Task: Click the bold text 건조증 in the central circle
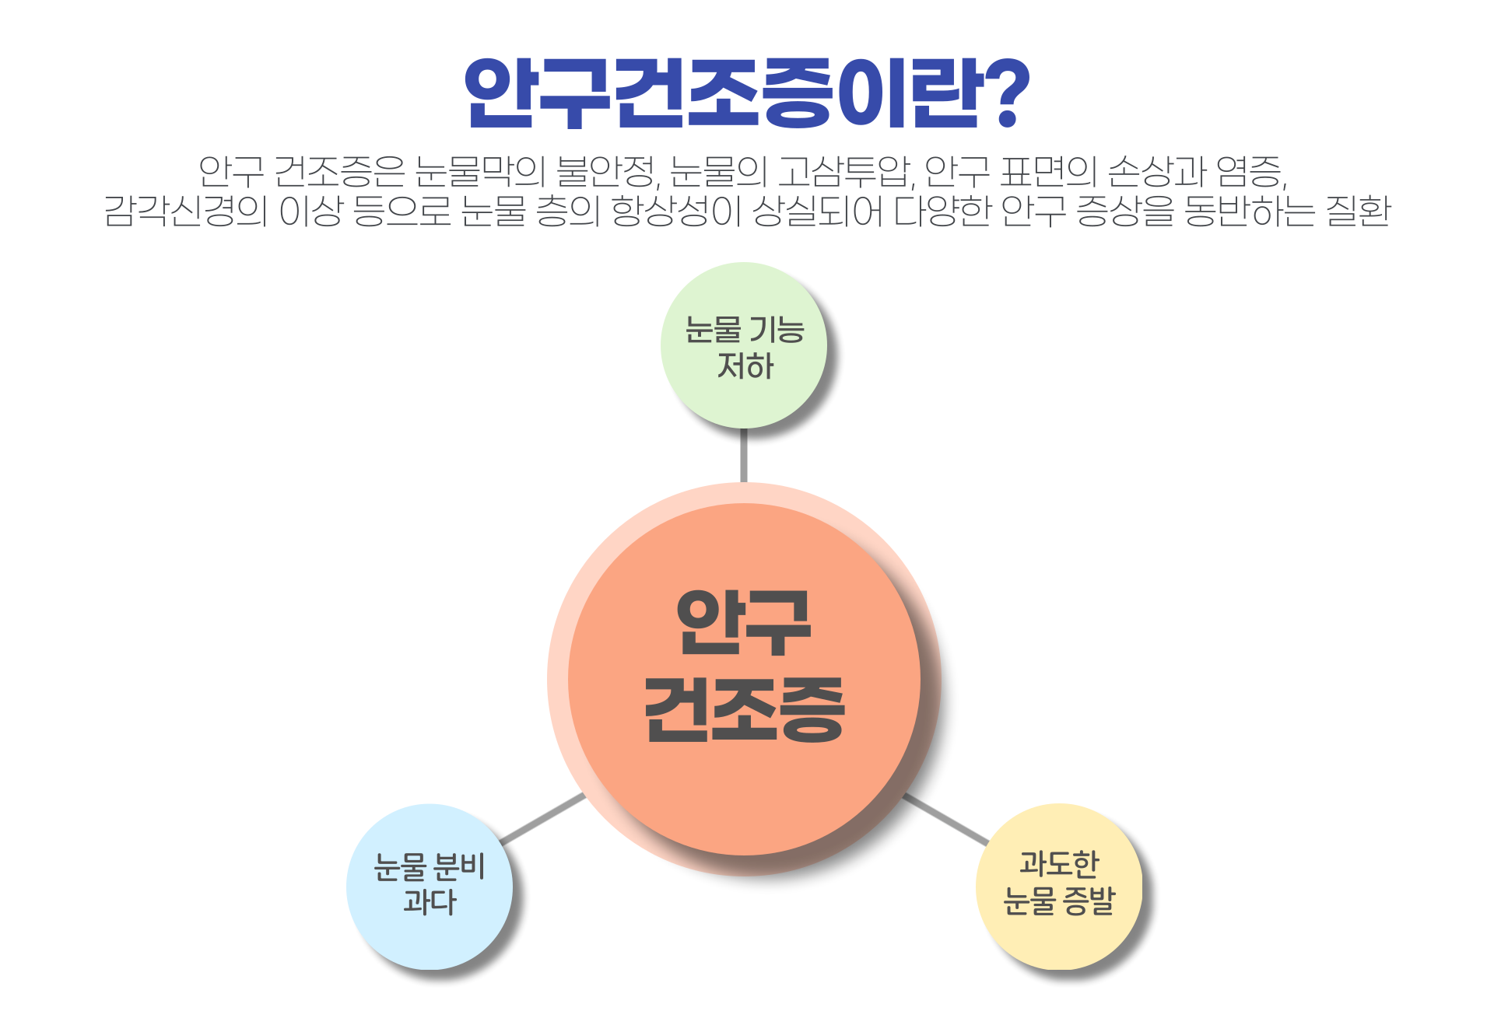pos(745,709)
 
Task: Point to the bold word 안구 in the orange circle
pos(745,622)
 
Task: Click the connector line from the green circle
pos(744,456)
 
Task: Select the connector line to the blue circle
pos(542,819)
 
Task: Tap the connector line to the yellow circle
pos(945,819)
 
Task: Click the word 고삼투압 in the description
pos(843,172)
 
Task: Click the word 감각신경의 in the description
pos(186,211)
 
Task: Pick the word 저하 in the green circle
pos(745,366)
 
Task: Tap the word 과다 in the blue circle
pos(430,902)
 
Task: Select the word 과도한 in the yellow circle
pos(1059,863)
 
